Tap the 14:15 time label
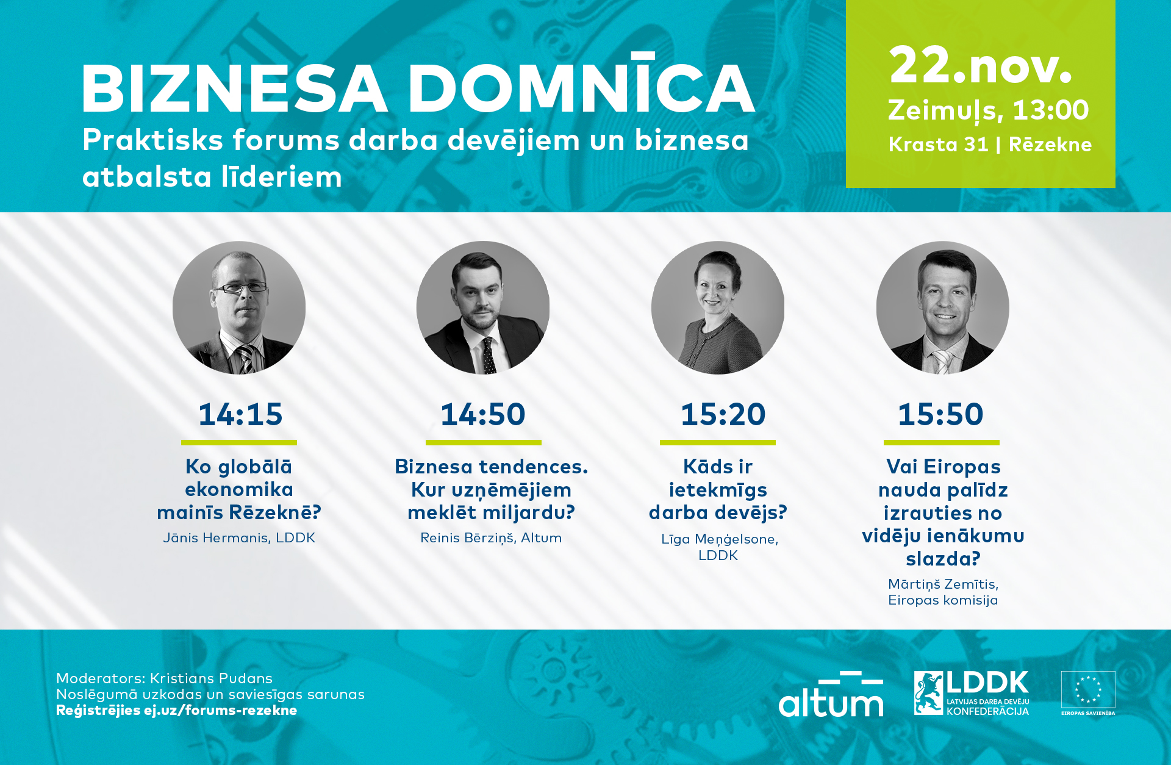click(x=240, y=414)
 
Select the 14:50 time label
click(x=482, y=414)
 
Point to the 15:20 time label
click(x=723, y=414)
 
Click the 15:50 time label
click(x=940, y=414)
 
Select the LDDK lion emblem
click(x=928, y=693)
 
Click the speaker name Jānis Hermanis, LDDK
click(x=239, y=537)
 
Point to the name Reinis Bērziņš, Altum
click(x=491, y=538)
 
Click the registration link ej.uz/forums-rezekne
click(x=220, y=710)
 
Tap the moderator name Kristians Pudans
click(x=211, y=678)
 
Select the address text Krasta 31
click(x=939, y=145)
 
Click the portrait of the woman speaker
click(x=718, y=308)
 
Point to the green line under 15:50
click(x=942, y=442)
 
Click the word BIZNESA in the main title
click(x=235, y=88)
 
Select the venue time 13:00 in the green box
click(x=1050, y=110)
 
